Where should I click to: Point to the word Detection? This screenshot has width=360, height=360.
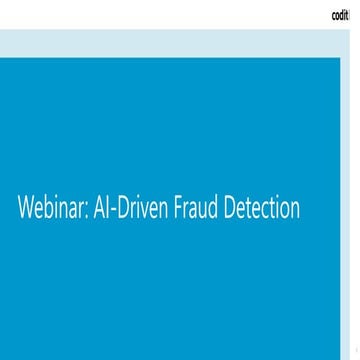click(x=263, y=212)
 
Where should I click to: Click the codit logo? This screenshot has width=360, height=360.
click(x=341, y=15)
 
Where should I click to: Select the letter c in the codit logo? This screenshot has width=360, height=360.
click(x=334, y=16)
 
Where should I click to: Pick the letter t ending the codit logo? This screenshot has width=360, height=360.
click(x=349, y=15)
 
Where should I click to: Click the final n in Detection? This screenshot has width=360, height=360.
click(x=296, y=214)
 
